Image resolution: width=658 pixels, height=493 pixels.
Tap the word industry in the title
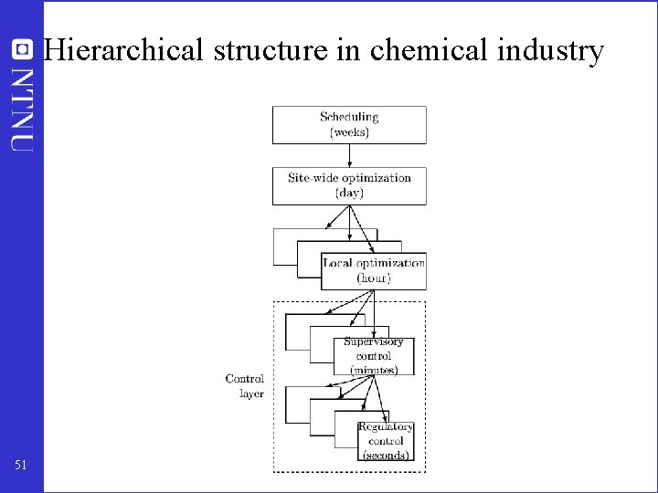point(551,50)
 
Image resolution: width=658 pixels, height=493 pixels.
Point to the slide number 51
point(21,466)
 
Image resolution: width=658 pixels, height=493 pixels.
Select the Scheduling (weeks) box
point(349,124)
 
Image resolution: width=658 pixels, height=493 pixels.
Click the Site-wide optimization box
point(349,185)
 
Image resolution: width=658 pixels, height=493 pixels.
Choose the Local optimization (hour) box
point(373,271)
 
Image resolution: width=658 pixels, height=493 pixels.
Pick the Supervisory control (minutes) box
point(374,356)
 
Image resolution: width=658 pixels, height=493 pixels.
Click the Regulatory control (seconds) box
point(386,441)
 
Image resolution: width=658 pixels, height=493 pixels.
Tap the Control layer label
point(245,386)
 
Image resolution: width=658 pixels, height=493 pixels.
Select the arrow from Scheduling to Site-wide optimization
point(349,155)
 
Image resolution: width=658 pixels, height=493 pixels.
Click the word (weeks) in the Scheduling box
point(349,132)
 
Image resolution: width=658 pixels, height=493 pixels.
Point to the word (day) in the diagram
point(349,194)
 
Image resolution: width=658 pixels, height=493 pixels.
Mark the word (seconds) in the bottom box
point(386,456)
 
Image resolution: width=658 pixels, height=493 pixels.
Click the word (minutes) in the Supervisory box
point(374,370)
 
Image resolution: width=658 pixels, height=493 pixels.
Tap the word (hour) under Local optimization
point(374,278)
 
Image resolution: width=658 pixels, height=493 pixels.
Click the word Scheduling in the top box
point(349,117)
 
